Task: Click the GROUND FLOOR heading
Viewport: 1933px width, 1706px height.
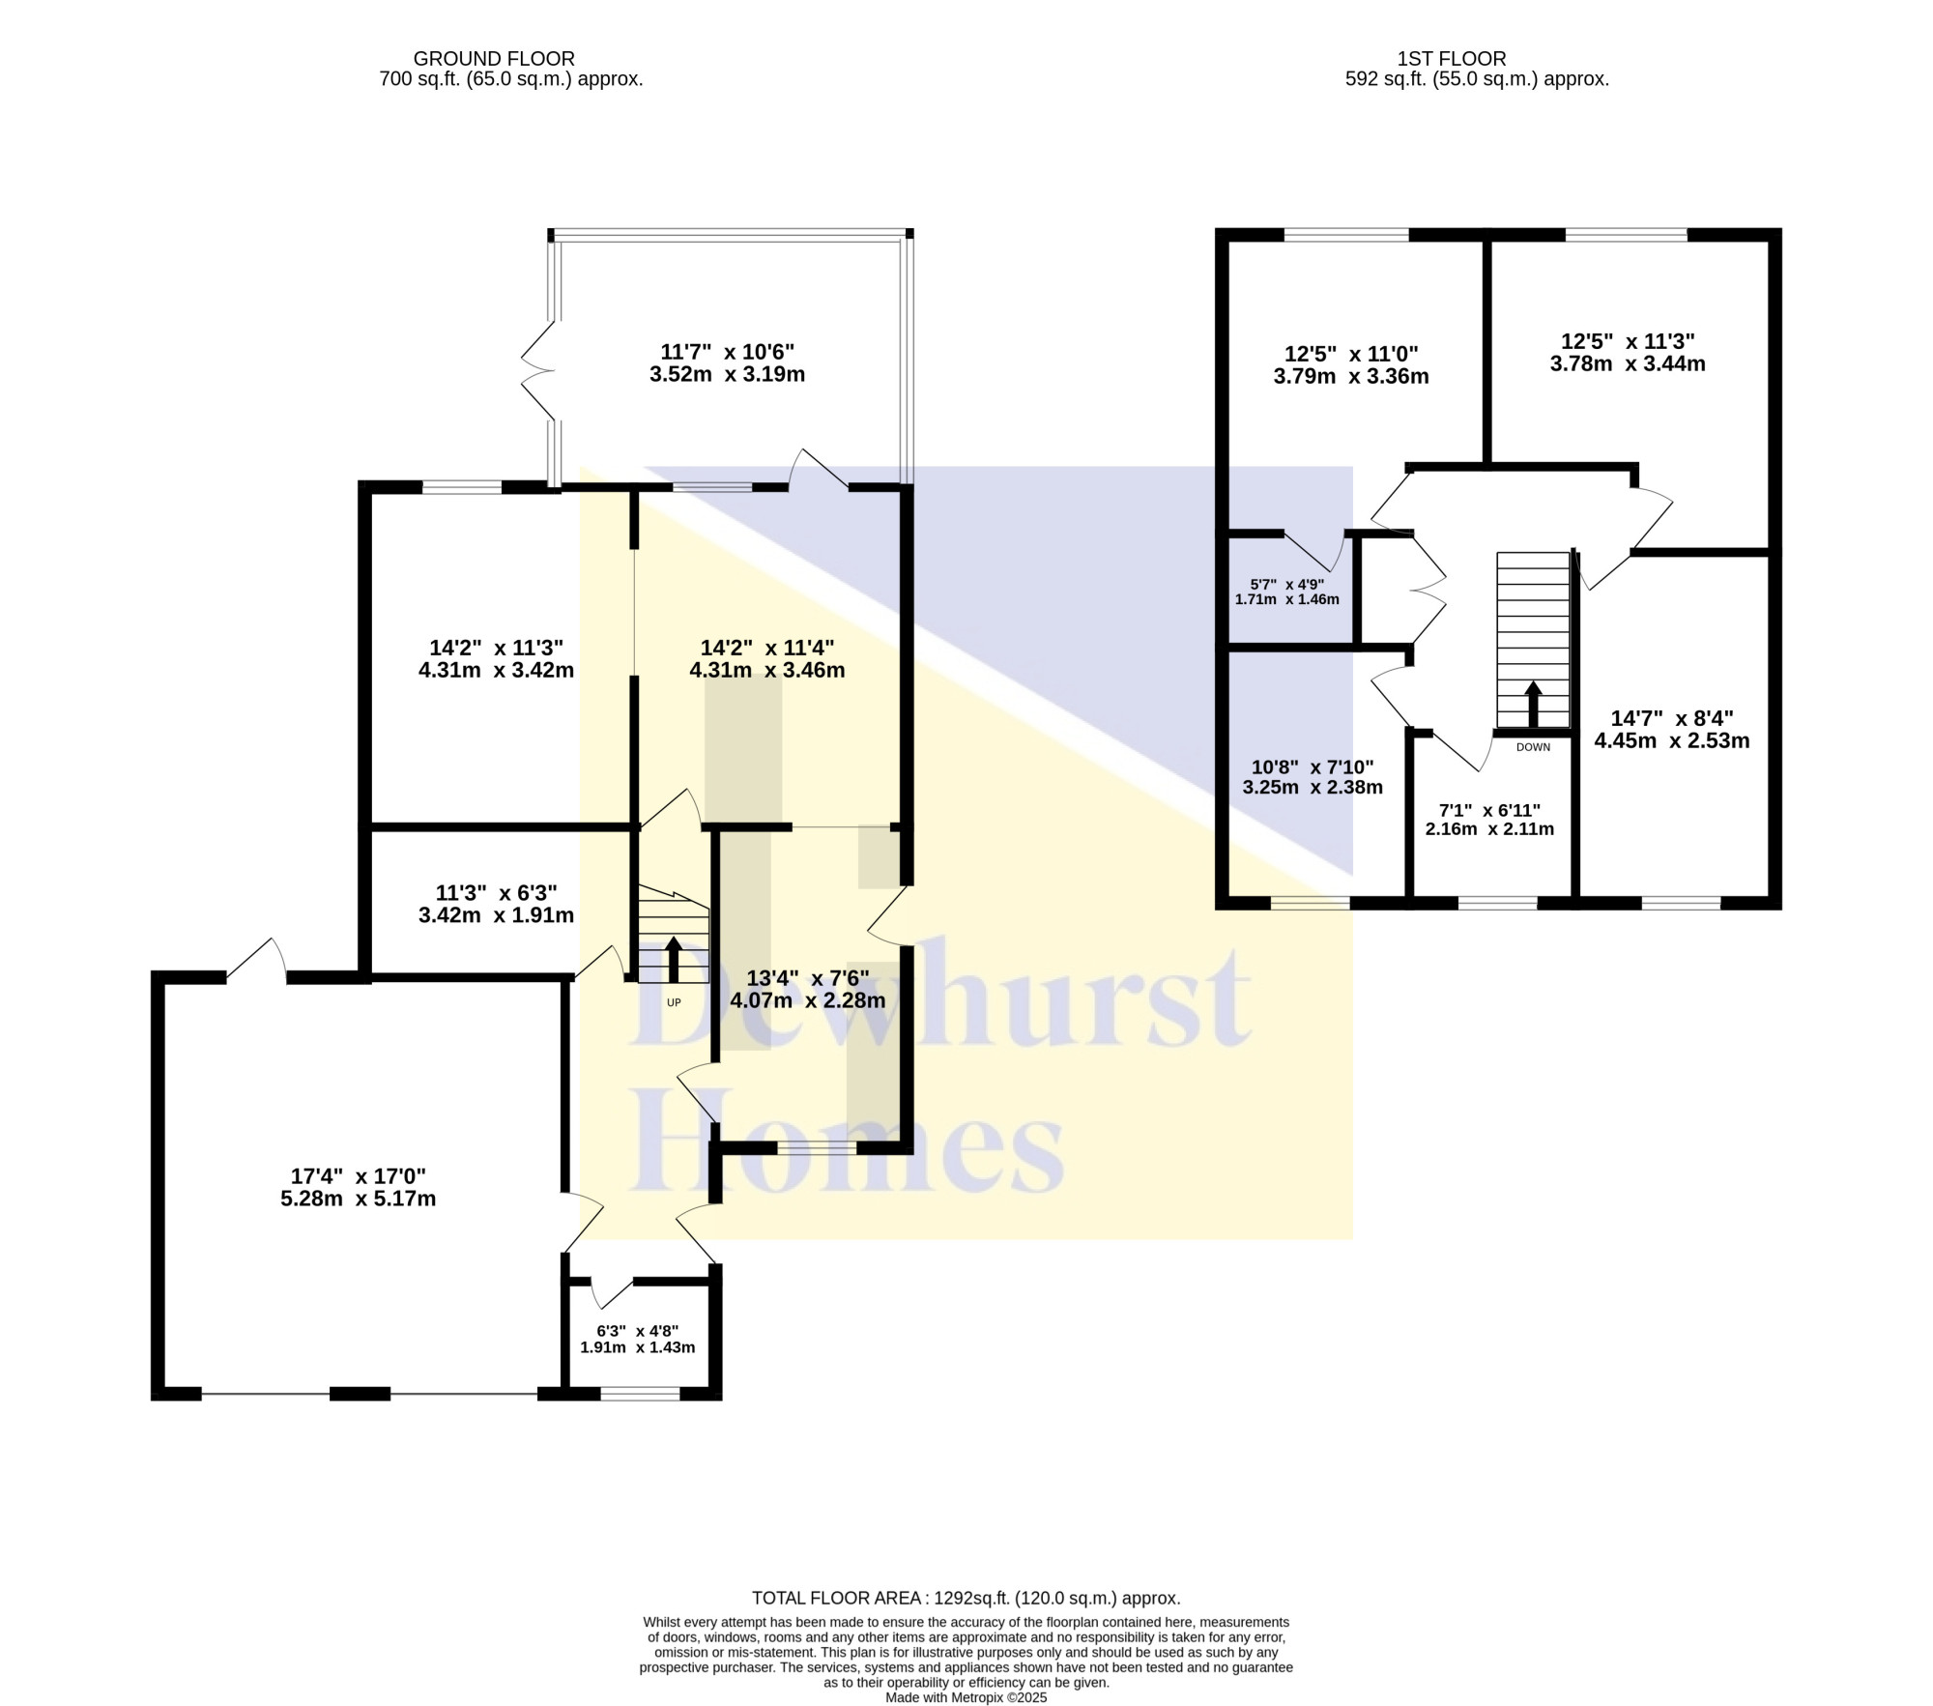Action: [494, 59]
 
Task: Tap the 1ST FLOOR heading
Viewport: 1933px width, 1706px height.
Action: [1452, 59]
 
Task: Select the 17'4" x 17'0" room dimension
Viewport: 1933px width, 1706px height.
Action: [359, 1176]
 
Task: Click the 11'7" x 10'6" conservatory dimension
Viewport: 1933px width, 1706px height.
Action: [727, 351]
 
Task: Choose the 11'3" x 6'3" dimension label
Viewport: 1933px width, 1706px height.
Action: [496, 892]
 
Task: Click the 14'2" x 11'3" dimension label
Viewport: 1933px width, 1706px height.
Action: [496, 648]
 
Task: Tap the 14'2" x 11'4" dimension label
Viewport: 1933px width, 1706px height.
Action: [767, 648]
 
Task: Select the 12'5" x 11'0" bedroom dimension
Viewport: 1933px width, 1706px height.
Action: [1351, 354]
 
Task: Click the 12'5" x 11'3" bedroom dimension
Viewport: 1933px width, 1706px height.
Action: [1629, 341]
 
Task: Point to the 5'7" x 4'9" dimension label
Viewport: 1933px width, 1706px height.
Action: [1286, 584]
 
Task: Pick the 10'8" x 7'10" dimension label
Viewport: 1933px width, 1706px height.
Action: [1313, 766]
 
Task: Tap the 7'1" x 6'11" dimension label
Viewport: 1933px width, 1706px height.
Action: [1489, 810]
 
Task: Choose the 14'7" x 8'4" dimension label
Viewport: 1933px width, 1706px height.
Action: [1672, 718]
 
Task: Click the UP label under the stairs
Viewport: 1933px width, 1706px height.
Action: [674, 1002]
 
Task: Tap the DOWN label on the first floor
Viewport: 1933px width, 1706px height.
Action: [1533, 747]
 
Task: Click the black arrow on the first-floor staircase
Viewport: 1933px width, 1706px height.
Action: [1533, 704]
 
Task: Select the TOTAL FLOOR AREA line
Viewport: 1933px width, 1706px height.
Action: [966, 1599]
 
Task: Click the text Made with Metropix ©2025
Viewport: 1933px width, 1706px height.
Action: [966, 1697]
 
